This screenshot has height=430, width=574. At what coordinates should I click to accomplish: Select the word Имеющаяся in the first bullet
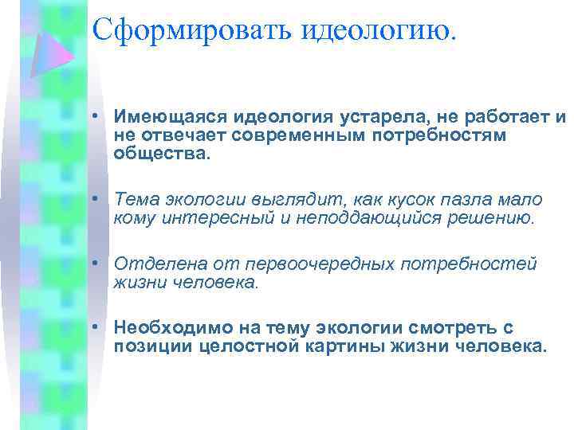(159, 118)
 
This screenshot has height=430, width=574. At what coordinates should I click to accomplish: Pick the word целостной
(246, 346)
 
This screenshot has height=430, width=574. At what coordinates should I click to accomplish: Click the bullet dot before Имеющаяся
(95, 118)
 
